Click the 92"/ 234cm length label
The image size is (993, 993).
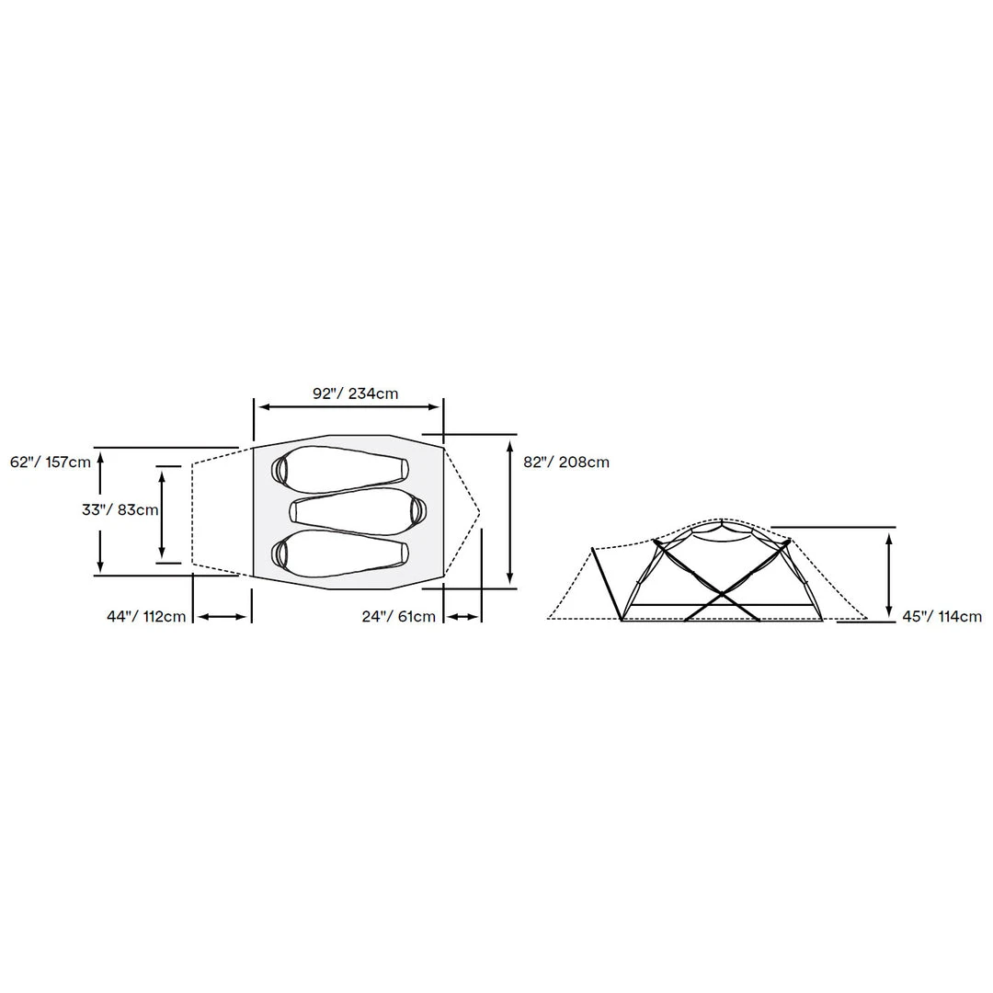(355, 394)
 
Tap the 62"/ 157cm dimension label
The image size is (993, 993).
(51, 462)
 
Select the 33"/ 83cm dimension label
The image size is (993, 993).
(120, 509)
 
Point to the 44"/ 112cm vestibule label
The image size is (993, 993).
(146, 616)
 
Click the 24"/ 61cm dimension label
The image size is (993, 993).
(399, 616)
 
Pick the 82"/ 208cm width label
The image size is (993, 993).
(566, 462)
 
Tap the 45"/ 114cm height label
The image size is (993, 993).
(942, 616)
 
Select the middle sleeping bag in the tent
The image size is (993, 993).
(359, 510)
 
